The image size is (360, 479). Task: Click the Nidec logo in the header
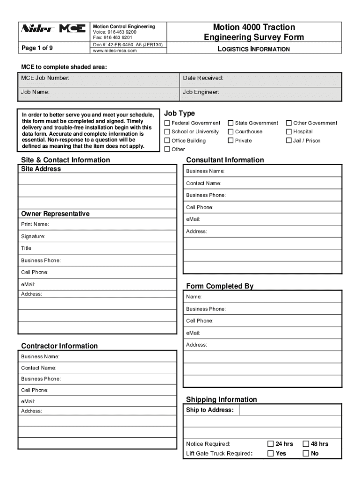38,29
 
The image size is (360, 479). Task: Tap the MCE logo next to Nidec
72,29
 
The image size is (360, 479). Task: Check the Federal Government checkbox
167,123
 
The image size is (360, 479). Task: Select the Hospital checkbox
289,132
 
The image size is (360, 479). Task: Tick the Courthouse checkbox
230,132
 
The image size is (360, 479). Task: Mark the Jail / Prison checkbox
289,141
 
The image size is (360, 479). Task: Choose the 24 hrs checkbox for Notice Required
270,444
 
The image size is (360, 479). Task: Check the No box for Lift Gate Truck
306,453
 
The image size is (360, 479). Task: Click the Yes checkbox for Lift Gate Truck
270,453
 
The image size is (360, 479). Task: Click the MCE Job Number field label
45,78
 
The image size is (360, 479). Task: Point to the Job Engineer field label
201,92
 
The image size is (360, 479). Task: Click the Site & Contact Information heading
65,160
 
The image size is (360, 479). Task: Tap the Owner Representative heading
55,214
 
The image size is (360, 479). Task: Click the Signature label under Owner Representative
33,236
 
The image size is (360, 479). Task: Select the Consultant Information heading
225,160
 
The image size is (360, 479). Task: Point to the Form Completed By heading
220,286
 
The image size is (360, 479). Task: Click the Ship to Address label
209,410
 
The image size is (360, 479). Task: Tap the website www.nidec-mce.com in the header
115,51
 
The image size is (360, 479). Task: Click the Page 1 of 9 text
37,47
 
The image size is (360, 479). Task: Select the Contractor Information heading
59,346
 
